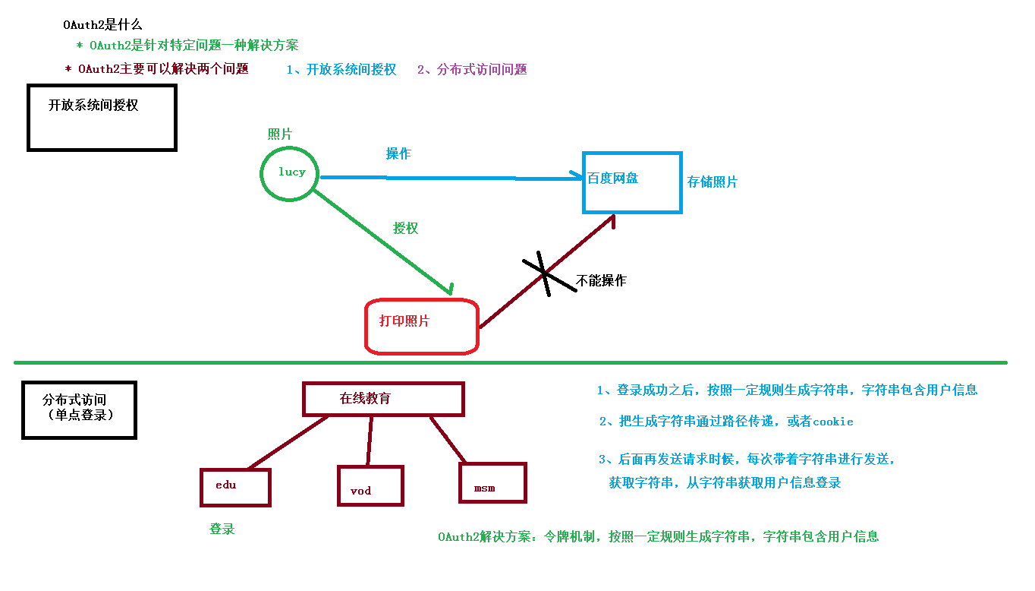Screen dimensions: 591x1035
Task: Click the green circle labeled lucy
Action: click(x=290, y=173)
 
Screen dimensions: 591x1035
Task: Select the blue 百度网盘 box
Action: click(x=631, y=182)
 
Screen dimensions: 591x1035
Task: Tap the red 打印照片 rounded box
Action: click(x=421, y=327)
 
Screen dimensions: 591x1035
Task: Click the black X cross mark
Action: click(x=544, y=273)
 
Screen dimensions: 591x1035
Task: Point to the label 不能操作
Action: click(x=601, y=281)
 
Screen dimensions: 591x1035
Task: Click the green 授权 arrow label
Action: click(x=405, y=228)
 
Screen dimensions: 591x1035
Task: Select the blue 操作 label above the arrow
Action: click(x=398, y=153)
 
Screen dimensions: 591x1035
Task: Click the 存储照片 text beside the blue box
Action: click(x=712, y=182)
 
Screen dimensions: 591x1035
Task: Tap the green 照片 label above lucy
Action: click(x=279, y=134)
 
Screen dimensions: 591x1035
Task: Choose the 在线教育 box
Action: click(x=383, y=399)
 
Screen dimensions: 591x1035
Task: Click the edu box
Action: click(x=235, y=487)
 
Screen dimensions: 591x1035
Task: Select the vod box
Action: click(x=370, y=486)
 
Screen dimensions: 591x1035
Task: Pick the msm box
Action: click(x=492, y=483)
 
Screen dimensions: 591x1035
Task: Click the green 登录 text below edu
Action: click(x=222, y=529)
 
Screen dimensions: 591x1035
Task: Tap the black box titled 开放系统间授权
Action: click(x=102, y=118)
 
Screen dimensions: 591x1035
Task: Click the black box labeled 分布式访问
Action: click(x=79, y=410)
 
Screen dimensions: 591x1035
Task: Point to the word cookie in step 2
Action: click(x=832, y=422)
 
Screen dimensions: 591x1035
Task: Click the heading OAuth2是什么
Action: click(x=102, y=25)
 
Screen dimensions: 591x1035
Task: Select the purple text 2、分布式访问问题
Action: click(x=471, y=70)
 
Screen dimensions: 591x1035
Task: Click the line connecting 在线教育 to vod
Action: click(x=370, y=441)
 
